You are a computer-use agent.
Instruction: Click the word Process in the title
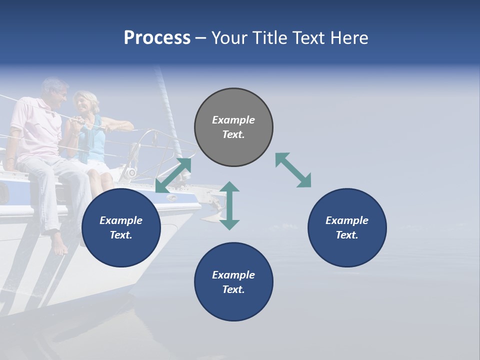coord(157,38)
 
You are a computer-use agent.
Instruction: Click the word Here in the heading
coord(349,38)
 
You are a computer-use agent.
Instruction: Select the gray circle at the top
coord(233,127)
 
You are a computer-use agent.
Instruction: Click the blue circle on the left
coord(121,227)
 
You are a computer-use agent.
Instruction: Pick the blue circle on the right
coord(347,227)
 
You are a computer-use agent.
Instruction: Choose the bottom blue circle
coord(233,281)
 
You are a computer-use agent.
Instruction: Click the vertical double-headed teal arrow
coord(229,205)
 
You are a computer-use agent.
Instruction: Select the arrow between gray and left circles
coord(173,175)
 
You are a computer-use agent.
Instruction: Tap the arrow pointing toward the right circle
coord(293,170)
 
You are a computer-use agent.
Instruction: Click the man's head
coord(54,90)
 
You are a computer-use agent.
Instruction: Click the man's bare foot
coord(58,245)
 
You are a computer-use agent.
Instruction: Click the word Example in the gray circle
coord(233,120)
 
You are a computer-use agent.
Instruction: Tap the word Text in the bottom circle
coord(233,289)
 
